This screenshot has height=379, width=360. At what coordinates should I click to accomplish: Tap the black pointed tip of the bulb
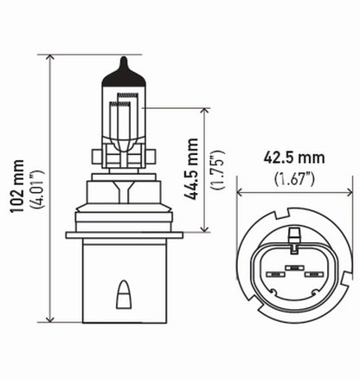[125, 65]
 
